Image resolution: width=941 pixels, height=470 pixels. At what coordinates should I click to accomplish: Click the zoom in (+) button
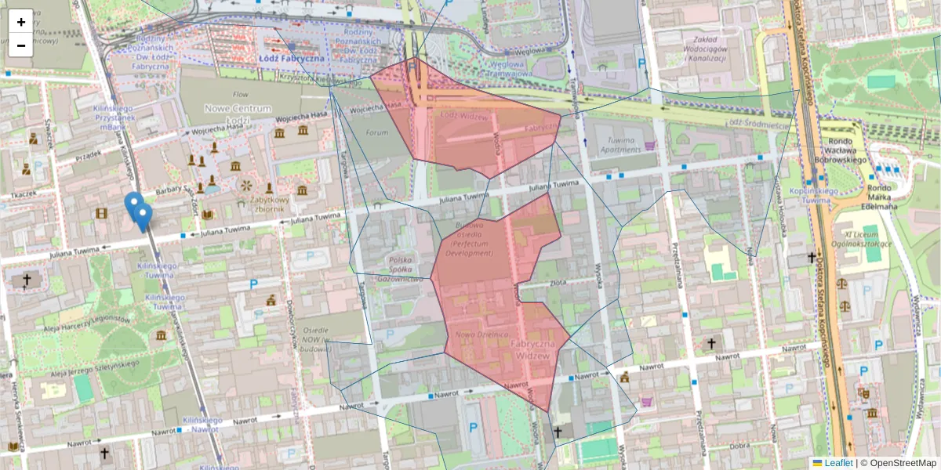21,22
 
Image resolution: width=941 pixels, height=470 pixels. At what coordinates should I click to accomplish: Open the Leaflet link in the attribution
837,463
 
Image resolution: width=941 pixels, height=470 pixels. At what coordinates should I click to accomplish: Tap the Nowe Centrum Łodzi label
238,114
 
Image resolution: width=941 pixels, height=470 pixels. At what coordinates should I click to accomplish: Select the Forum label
376,132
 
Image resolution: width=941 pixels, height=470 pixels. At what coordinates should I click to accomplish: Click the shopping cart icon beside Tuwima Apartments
649,145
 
